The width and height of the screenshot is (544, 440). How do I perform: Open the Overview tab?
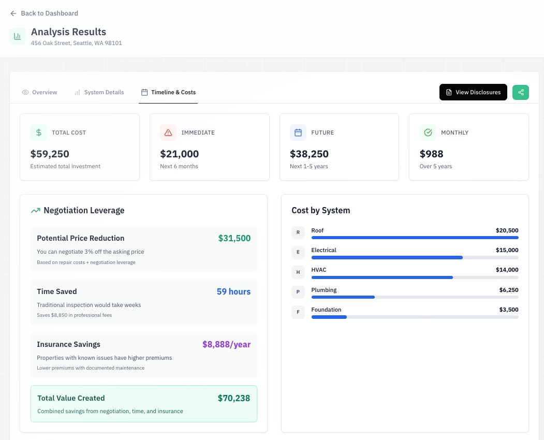[x=40, y=92]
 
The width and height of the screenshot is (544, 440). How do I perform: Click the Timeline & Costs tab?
[x=168, y=92]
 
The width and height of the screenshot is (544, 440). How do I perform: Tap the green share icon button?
[x=521, y=92]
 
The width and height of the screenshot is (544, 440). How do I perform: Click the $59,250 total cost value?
[x=50, y=154]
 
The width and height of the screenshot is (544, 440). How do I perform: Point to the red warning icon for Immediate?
[x=168, y=133]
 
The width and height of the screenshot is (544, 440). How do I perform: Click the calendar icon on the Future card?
[x=298, y=133]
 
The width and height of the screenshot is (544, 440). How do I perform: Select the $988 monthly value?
[x=431, y=154]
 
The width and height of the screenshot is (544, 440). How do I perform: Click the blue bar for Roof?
[x=414, y=238]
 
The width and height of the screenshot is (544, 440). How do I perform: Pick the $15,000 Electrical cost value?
[x=507, y=250]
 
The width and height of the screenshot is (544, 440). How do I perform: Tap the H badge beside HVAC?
[x=298, y=272]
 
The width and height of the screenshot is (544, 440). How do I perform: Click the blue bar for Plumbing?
[x=343, y=297]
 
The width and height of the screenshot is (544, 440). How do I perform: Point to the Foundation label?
[x=326, y=310]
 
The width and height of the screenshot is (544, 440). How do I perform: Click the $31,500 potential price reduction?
[x=234, y=238]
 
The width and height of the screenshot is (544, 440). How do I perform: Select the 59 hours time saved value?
[x=233, y=291]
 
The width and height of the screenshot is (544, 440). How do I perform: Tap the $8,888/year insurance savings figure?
[x=226, y=344]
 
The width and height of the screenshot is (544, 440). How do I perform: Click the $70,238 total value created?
[x=233, y=398]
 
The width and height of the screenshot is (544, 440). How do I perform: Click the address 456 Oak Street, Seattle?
[x=76, y=43]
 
